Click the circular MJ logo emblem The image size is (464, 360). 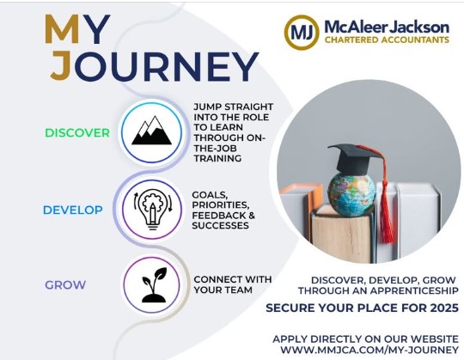pos(302,33)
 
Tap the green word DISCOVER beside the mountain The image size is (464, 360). pos(77,133)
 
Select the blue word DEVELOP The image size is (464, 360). pos(73,210)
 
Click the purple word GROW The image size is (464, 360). pos(65,285)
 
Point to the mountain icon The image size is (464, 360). pos(151,131)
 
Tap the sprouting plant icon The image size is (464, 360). pos(154,285)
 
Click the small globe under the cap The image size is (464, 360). pos(351,193)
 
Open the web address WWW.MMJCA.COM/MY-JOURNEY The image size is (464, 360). pos(369,350)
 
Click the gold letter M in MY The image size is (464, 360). pos(62,29)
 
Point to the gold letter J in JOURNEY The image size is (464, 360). pos(61,66)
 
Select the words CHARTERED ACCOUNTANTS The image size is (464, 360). pos(387,40)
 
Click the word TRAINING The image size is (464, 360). pos(217,159)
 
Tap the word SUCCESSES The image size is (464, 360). pos(221,226)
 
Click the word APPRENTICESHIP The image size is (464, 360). pos(414,290)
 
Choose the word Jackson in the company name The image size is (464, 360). pos(419,27)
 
